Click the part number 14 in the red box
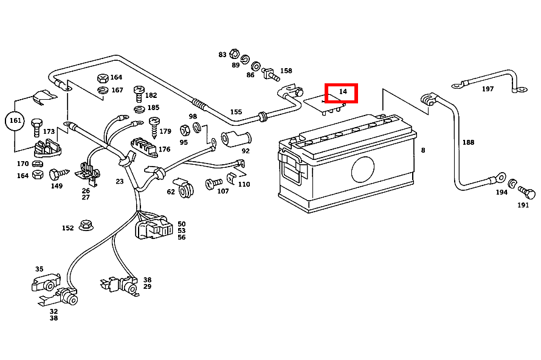[x=342, y=92]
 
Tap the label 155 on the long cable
[x=236, y=112]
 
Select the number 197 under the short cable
[x=488, y=89]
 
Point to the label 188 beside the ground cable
[x=467, y=143]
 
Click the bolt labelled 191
[x=528, y=194]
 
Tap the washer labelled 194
[x=513, y=184]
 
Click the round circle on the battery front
[x=363, y=168]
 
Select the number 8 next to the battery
[x=423, y=150]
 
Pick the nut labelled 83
[x=235, y=55]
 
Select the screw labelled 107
[x=212, y=183]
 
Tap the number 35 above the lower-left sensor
[x=39, y=269]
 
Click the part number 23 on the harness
[x=120, y=181]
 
